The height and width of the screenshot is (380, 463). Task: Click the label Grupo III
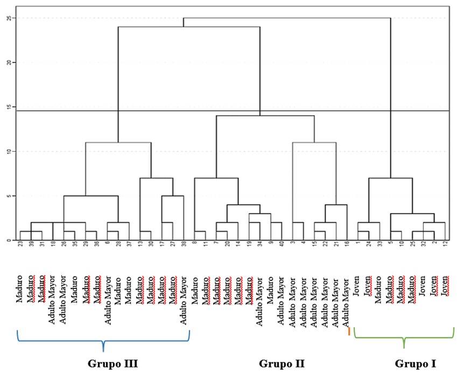[x=113, y=364]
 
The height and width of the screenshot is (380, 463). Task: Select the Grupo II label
[x=282, y=364]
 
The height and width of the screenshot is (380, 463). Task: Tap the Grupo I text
[x=415, y=364]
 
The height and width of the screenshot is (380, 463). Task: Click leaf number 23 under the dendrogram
[x=20, y=245]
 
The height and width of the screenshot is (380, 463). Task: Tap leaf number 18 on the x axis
[x=53, y=245]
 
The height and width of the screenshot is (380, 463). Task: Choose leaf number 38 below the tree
[x=184, y=245]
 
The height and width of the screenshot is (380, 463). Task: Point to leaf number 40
[x=282, y=245]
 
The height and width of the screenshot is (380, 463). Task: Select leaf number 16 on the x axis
[x=347, y=245]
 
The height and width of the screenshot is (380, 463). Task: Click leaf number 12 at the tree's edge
[x=445, y=245]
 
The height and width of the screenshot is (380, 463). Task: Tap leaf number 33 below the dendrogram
[x=380, y=245]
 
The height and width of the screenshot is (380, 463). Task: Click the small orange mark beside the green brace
[x=349, y=332]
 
